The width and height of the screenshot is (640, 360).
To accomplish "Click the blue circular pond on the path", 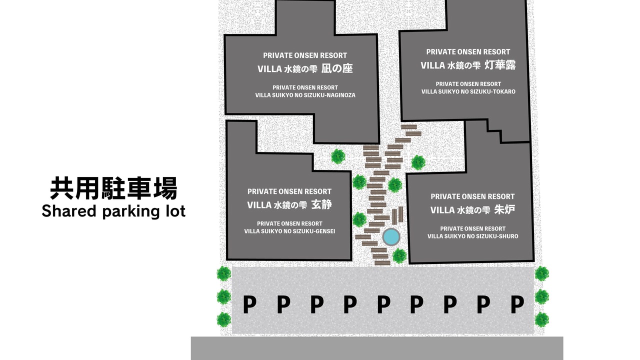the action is tap(391, 237).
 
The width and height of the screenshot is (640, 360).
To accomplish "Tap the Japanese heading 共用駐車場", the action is tap(113, 188).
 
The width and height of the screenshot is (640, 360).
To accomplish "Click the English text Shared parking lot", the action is tap(113, 211).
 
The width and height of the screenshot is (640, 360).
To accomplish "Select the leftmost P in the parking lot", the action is tap(249, 304).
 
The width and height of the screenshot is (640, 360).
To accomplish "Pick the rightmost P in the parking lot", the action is tap(517, 304).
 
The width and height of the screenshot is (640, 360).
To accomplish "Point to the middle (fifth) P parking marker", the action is tap(383, 304).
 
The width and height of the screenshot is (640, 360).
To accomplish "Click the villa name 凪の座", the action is tap(337, 68).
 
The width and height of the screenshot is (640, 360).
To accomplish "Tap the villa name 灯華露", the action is tap(500, 65).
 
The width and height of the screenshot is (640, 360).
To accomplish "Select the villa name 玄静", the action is tap(321, 204).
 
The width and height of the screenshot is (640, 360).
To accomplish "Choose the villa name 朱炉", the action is tap(504, 209).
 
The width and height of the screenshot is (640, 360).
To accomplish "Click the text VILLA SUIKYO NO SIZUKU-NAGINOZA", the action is tap(305, 95).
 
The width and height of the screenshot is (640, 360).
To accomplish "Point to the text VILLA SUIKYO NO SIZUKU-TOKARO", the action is tap(468, 91).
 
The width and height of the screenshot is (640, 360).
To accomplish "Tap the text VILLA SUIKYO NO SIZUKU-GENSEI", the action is tap(289, 231).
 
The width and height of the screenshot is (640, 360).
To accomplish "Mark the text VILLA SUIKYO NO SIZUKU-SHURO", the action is tap(472, 236).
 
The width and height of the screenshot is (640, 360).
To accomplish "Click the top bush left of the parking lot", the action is tap(223, 273).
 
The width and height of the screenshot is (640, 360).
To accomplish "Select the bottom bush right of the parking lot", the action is tap(541, 319).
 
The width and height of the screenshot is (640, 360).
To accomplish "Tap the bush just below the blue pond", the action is tap(399, 256).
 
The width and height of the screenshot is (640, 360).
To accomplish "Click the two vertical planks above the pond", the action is tap(397, 215).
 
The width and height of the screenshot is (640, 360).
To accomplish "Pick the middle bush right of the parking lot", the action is tap(541, 296).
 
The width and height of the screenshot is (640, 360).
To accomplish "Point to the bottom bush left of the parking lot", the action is tap(223, 319).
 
